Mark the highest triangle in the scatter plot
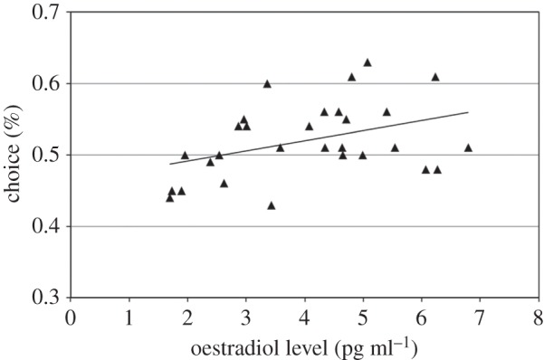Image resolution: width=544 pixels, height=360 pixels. point(367,62)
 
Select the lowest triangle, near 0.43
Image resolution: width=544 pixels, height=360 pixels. point(271,205)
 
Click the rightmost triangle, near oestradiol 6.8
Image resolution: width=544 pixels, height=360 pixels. point(468,147)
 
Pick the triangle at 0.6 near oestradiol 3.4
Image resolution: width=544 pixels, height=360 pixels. point(267,84)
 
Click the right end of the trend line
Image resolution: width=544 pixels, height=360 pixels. point(468,113)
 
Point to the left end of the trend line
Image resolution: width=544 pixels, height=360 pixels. point(170,164)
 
